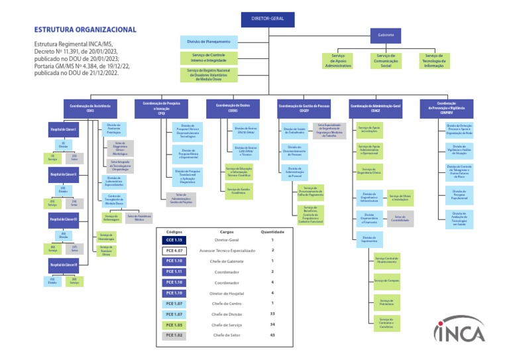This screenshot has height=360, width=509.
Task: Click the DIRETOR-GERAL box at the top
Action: point(268,18)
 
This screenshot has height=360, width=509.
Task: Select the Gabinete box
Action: point(386,34)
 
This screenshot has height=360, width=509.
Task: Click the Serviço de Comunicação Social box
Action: point(386,61)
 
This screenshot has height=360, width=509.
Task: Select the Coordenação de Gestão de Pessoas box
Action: point(304,107)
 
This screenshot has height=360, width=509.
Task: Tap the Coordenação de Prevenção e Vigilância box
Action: point(446,107)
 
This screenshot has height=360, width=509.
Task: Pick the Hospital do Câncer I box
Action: point(64,129)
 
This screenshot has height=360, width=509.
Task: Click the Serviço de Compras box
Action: point(385,280)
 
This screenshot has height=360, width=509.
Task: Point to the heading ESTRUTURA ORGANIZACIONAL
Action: point(85,30)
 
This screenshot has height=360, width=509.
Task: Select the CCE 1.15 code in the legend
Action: point(174,240)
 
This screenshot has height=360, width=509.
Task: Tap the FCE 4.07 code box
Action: point(174,251)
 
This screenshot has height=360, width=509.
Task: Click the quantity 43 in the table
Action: point(272,335)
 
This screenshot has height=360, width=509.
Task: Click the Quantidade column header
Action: point(272,232)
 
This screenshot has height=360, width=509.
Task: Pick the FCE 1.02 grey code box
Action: point(174,335)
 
